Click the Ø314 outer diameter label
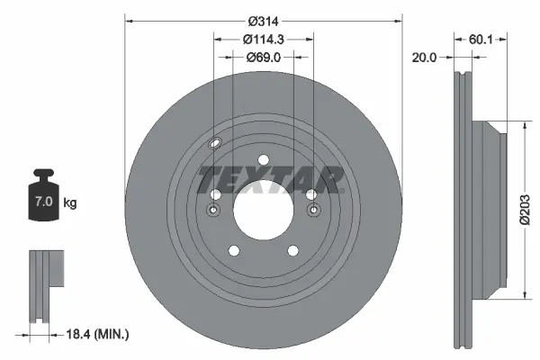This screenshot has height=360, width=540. tap(262, 20)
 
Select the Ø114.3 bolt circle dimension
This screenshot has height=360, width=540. tap(263, 39)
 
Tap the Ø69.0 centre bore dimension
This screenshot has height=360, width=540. tap(264, 57)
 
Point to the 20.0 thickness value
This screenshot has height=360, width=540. tap(423, 57)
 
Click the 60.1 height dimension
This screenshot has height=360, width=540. tap(480, 39)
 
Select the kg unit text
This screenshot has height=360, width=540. tap(70, 203)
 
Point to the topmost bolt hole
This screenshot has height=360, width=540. tap(263, 161)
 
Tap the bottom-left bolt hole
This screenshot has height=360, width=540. tap(232, 252)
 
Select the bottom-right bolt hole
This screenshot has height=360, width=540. tap(292, 252)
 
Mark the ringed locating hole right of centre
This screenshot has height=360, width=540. tap(313, 211)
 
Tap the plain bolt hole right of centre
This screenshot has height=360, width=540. tap(311, 194)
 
